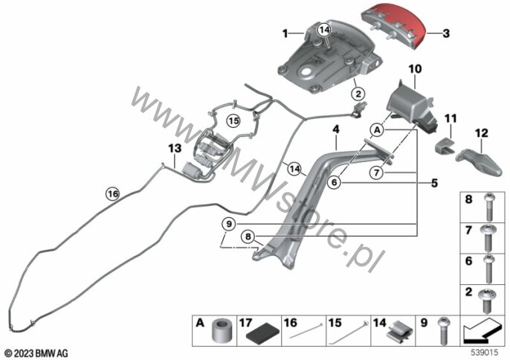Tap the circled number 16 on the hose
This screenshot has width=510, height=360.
click(112, 194)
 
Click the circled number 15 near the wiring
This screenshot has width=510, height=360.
click(233, 119)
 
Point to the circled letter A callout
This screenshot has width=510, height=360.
click(377, 130)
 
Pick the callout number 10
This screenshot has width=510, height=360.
click(414, 68)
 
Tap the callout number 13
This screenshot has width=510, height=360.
click(173, 149)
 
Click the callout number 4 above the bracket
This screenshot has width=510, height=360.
click(336, 129)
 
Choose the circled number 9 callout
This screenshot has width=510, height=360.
click(229, 223)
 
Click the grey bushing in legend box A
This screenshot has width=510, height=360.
click(220, 330)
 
